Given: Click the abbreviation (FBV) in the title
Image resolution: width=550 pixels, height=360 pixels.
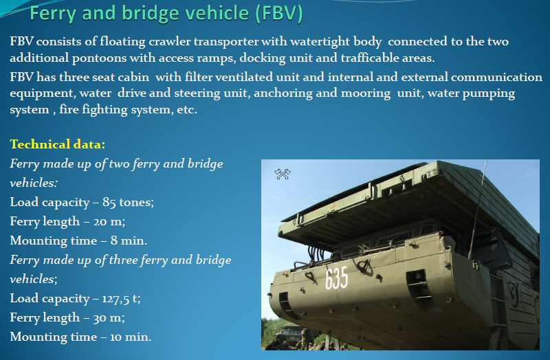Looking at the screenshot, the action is [279, 13].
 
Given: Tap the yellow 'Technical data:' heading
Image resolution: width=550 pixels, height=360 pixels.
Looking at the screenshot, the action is [58, 144].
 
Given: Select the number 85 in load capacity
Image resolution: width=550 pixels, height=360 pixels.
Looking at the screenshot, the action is [109, 202].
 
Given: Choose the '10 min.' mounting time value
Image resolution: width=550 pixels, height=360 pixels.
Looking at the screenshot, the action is [131, 337].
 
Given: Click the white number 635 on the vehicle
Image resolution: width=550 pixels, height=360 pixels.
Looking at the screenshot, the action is [336, 278].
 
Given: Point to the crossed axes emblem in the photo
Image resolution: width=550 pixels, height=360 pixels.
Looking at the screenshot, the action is [283, 175].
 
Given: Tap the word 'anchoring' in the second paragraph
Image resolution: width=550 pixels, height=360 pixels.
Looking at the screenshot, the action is [283, 93].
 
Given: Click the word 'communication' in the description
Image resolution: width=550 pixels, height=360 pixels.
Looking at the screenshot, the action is [496, 77].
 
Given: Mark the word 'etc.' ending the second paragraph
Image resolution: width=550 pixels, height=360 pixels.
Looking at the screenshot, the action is [187, 110].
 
